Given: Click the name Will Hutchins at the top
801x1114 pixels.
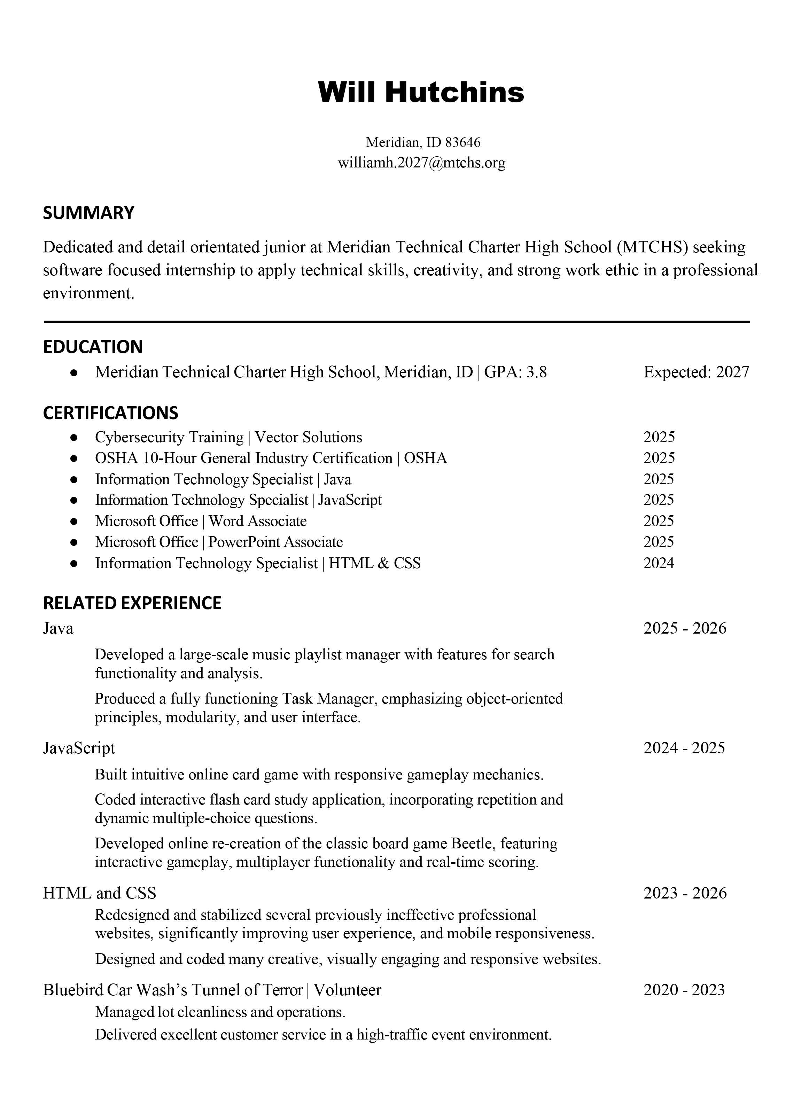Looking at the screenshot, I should tap(421, 92).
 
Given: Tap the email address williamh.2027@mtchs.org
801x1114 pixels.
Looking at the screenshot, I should tap(421, 163).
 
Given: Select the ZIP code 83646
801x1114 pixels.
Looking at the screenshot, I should tap(462, 142).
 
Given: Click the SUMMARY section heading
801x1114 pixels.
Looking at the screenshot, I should tap(88, 213).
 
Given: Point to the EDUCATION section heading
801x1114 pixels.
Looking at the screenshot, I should tap(93, 347).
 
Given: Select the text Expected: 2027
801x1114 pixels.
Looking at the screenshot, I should tap(696, 372).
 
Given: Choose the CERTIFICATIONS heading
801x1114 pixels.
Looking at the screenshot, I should tap(110, 413).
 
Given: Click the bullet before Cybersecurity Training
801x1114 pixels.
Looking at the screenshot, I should tap(74, 437).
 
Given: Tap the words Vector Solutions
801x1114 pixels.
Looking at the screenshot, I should tap(309, 437).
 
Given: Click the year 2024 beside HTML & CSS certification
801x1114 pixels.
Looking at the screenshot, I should tap(659, 563).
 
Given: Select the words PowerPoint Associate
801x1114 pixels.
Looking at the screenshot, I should tap(276, 542).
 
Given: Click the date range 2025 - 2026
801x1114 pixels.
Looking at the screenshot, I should tap(685, 628).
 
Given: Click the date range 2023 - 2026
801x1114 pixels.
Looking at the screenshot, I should tap(685, 893).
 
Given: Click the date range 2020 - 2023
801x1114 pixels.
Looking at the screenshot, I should tap(684, 990).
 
